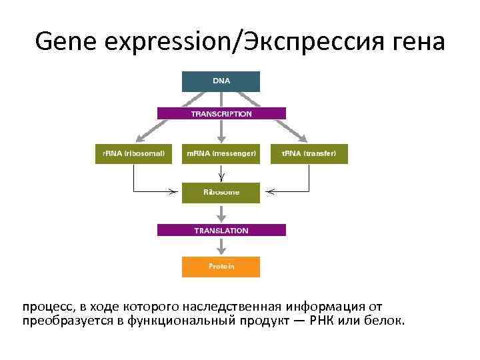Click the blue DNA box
pos(221,81)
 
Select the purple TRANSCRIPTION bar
pos(221,114)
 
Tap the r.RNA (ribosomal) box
pos(134,153)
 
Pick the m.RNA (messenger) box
pos(221,153)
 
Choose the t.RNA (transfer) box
pos(309,153)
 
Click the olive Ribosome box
pos(221,193)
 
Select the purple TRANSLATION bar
pos(221,231)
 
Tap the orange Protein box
pos(221,267)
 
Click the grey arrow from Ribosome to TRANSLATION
pos(221,213)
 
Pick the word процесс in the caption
pos(47,307)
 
